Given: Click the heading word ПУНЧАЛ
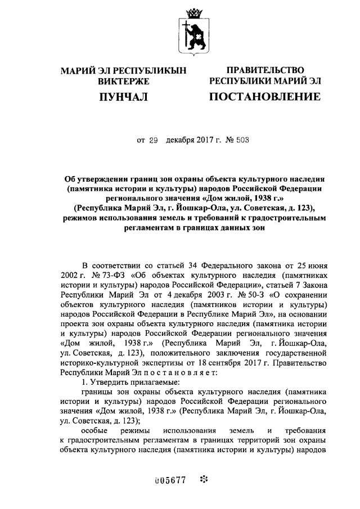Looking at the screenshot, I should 123,97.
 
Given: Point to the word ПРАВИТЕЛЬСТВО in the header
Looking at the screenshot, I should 265,70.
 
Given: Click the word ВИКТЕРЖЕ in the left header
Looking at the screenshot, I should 123,81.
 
